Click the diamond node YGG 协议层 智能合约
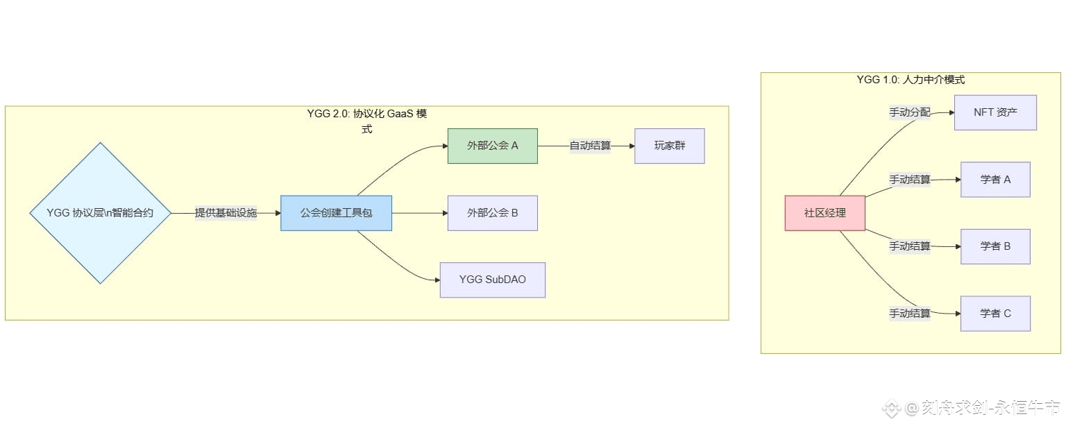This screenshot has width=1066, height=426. pyautogui.click(x=101, y=213)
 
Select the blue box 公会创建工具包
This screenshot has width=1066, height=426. pyautogui.click(x=336, y=213)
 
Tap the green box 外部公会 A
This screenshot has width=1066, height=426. pyautogui.click(x=492, y=146)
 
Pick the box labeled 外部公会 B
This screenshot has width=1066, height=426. pyautogui.click(x=492, y=213)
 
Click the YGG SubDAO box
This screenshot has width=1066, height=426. pyautogui.click(x=492, y=280)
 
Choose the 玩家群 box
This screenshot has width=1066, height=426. pyautogui.click(x=669, y=146)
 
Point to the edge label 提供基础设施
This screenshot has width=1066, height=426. pyautogui.click(x=226, y=213)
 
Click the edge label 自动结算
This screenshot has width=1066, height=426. pyautogui.click(x=590, y=146)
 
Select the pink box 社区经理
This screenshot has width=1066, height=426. pyautogui.click(x=824, y=213)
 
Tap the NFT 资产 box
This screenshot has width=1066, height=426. pyautogui.click(x=995, y=112)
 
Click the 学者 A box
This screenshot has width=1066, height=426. pyautogui.click(x=995, y=180)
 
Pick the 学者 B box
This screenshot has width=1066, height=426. pyautogui.click(x=995, y=246)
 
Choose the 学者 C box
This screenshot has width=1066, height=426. pyautogui.click(x=995, y=314)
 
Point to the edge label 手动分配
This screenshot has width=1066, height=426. pyautogui.click(x=909, y=112)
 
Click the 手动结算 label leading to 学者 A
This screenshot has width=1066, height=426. pyautogui.click(x=909, y=180)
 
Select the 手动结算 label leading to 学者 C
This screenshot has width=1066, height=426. pyautogui.click(x=909, y=314)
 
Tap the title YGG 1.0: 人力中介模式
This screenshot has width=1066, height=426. pyautogui.click(x=911, y=80)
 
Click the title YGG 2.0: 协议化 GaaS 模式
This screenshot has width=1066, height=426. pyautogui.click(x=366, y=114)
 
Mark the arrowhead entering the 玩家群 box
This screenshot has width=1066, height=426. pyautogui.click(x=631, y=146)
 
